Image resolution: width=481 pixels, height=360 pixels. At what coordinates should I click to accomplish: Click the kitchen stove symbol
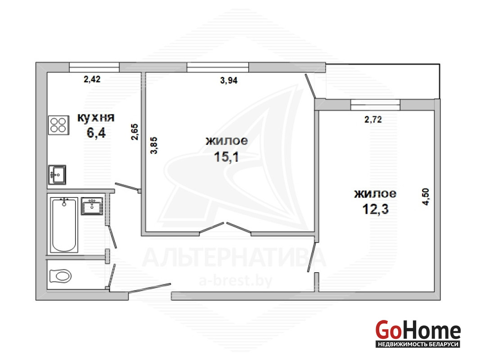tap(59, 125)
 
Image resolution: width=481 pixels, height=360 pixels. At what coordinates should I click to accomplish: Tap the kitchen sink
tap(57, 175)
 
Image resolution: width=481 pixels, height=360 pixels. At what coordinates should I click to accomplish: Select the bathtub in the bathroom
tap(64, 225)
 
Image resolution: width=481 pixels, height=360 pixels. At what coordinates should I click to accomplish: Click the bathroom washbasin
tap(92, 206)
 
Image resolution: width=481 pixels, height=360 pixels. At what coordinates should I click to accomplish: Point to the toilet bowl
tap(60, 276)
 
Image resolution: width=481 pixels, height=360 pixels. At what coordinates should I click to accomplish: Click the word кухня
tap(96, 117)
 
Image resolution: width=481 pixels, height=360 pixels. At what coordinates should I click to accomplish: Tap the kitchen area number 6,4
tap(96, 133)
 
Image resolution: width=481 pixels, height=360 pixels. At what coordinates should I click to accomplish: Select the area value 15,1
tap(227, 157)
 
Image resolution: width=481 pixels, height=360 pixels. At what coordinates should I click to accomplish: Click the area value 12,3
tap(376, 209)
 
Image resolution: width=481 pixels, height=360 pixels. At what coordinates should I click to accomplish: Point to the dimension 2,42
tap(92, 79)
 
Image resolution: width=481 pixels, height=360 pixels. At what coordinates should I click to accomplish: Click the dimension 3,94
tap(229, 80)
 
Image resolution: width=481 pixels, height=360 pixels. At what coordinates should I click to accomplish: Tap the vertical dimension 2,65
tap(135, 132)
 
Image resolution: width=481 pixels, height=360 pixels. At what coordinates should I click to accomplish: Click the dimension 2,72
tap(373, 119)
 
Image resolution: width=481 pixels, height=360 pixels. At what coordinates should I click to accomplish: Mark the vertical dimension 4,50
tap(426, 196)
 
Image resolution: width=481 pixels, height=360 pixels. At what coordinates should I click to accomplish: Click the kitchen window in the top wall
tap(94, 67)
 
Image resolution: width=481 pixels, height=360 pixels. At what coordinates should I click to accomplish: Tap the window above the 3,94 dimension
tap(218, 67)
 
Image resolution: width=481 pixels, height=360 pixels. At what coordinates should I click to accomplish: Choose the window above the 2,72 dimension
tap(376, 104)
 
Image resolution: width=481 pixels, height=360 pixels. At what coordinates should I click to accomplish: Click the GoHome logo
tap(418, 333)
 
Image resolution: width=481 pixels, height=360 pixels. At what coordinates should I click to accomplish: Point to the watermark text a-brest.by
tap(235, 281)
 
